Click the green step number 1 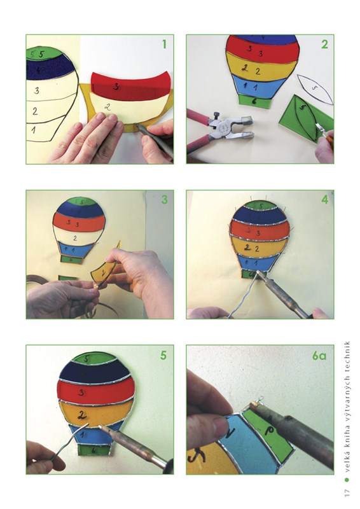(165, 44)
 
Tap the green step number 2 (324, 44)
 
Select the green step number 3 (165, 199)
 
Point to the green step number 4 (324, 200)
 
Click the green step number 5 (163, 355)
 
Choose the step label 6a (319, 356)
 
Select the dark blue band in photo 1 (50, 69)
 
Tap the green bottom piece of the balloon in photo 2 (255, 101)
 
